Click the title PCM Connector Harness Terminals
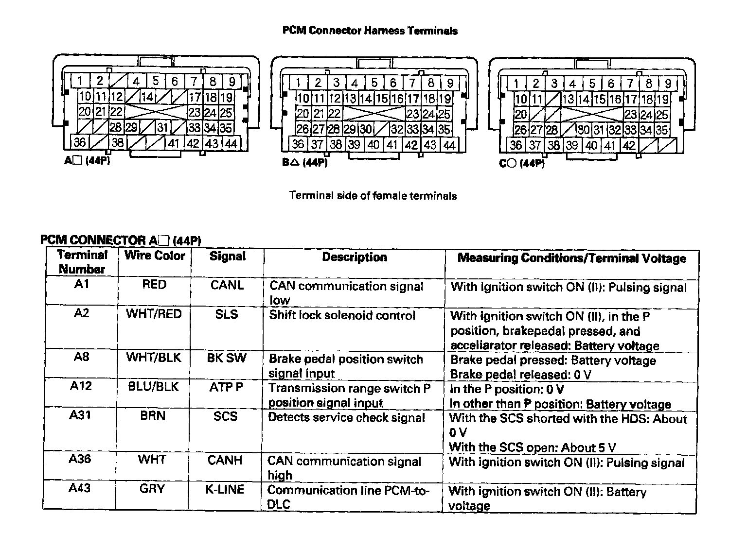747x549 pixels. coord(370,31)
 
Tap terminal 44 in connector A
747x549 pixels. coord(231,143)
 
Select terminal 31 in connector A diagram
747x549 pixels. coord(162,128)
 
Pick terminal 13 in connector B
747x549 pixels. coord(350,99)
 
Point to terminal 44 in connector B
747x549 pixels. coord(449,145)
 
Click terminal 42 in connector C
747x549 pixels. coord(629,145)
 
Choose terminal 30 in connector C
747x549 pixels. coord(584,130)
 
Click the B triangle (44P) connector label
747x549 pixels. coord(305,163)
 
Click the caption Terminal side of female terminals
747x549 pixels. coord(373,196)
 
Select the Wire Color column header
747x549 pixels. coord(155,256)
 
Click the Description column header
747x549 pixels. coord(354,257)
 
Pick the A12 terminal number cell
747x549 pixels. coord(81,386)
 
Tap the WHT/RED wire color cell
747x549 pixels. coord(154,314)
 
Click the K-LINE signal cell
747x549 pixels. coord(225,489)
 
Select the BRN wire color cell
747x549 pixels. coord(153,416)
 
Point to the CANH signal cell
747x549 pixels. coord(225,460)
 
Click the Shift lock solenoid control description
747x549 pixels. coord(342,315)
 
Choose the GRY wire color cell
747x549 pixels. coord(152,489)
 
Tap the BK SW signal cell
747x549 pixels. coord(227,358)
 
